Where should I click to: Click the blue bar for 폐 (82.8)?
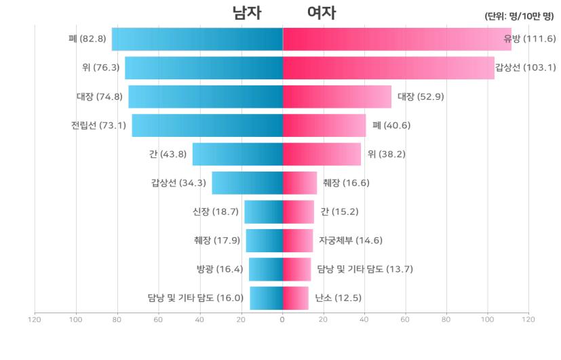tap(197, 39)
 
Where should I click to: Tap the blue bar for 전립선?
tap(207, 125)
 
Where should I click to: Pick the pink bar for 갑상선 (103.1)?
tap(388, 68)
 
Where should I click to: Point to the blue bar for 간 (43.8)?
tap(237, 154)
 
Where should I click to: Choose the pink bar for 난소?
tap(295, 298)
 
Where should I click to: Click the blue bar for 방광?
tap(265, 269)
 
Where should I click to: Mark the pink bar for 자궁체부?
tap(298, 240)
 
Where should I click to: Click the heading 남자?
tap(246, 13)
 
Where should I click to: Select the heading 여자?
tap(321, 13)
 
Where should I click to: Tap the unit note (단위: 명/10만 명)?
tap(520, 16)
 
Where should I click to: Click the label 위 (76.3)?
tap(100, 68)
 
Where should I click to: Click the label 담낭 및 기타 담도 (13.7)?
tap(365, 269)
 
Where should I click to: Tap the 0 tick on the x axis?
tap(282, 319)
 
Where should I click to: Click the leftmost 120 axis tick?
tap(35, 319)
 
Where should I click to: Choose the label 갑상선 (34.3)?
tap(180, 183)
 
